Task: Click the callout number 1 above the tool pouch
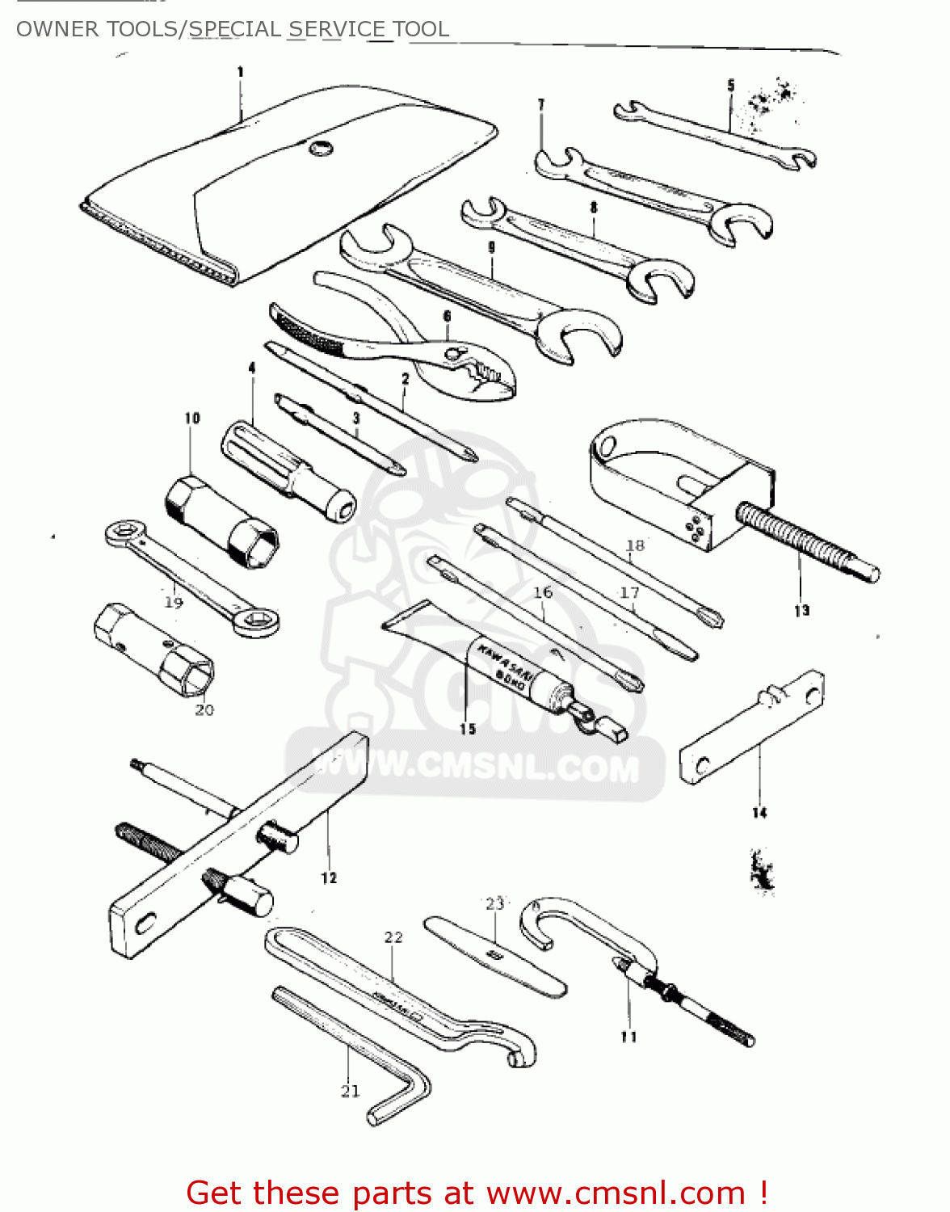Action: pos(240,73)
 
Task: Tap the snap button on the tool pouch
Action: pos(320,148)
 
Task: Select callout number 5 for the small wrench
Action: pos(731,85)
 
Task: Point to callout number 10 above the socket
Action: pos(191,418)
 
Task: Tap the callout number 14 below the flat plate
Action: pos(759,812)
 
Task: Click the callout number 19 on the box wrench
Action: pos(174,602)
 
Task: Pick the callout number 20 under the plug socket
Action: pos(204,709)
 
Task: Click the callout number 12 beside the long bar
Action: pos(329,877)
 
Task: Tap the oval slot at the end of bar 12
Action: pos(145,923)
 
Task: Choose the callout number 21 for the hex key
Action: pos(350,1091)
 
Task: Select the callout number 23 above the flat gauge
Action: pos(494,903)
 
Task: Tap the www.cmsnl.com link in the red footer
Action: pos(616,1193)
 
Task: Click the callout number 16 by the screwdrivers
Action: pos(543,592)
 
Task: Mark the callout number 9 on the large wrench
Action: pos(491,248)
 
